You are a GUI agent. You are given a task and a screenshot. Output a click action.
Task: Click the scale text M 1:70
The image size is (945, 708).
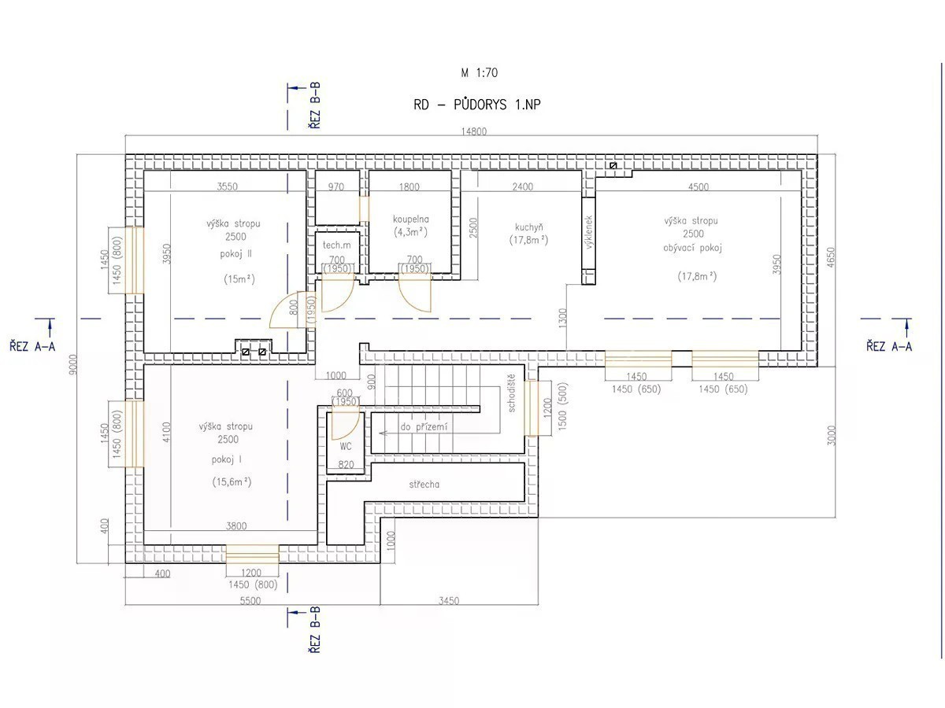[479, 72]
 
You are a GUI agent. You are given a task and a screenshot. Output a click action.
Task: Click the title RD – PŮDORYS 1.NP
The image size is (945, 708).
[476, 105]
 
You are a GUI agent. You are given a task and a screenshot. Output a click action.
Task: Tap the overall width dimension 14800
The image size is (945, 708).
[473, 131]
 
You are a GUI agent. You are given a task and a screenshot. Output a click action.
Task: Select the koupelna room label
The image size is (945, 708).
[411, 219]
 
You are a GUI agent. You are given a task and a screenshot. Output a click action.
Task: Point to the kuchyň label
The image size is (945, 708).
[528, 227]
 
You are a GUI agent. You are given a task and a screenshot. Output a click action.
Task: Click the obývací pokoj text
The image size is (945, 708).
[692, 248]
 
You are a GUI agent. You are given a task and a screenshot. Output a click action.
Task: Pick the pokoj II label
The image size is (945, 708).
[236, 254]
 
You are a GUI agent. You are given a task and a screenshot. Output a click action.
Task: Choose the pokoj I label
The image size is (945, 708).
[227, 459]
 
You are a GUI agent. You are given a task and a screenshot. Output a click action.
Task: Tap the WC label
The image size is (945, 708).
[346, 446]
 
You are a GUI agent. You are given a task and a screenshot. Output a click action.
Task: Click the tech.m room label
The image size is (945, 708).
[337, 245]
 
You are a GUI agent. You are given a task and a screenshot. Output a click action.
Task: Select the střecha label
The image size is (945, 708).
[424, 485]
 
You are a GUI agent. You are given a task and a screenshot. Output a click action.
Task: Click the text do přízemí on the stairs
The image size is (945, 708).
[424, 427]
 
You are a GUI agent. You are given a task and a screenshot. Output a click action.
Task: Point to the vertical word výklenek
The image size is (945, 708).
[589, 232]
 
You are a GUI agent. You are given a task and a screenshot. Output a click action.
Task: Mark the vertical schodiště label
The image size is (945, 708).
[511, 393]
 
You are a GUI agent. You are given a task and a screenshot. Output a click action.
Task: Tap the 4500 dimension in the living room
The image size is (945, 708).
[698, 186]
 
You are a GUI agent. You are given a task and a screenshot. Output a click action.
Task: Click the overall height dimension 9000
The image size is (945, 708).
[73, 364]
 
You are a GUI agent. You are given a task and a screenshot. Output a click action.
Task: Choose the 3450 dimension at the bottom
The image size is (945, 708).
[449, 600]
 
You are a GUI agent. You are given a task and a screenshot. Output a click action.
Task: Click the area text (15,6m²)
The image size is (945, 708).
[232, 482]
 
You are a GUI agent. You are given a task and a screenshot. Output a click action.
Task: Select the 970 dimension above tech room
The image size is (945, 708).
[335, 186]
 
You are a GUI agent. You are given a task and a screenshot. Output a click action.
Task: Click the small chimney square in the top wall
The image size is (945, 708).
[613, 165]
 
